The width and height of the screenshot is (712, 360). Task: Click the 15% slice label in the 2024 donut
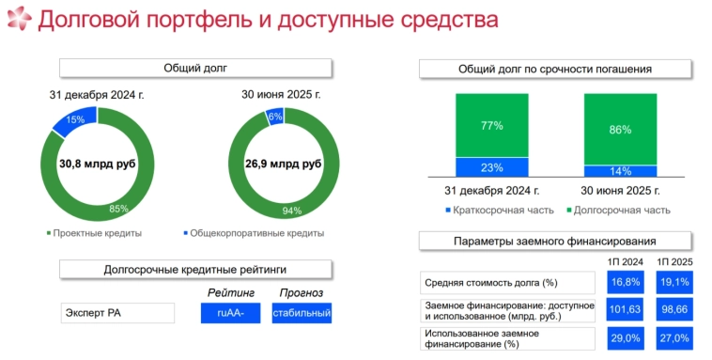[x=75, y=119]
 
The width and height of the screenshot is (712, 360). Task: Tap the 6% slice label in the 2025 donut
[x=275, y=117]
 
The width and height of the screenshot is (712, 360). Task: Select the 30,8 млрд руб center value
[x=98, y=164]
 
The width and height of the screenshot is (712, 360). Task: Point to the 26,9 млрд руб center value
[x=284, y=164]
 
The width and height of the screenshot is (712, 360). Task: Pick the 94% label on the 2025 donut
[x=293, y=211]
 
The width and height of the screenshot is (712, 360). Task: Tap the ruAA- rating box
[x=230, y=312]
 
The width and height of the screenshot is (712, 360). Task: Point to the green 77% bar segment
[x=492, y=125]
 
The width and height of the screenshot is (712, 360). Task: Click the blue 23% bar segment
[x=492, y=167]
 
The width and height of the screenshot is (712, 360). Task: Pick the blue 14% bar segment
[x=620, y=171]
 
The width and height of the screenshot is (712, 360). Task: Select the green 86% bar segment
[x=620, y=130]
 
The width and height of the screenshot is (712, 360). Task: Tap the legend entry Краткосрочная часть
[x=499, y=210]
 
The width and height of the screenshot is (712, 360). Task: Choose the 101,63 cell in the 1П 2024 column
[x=625, y=308]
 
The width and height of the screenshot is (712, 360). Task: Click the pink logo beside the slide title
[x=18, y=20]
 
